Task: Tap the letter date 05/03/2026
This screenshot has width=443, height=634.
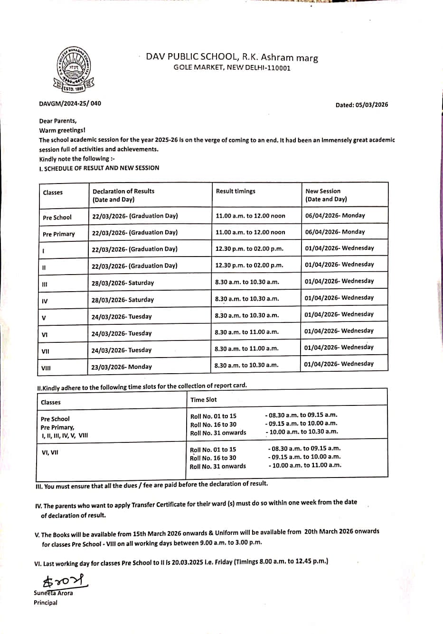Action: pos(361,105)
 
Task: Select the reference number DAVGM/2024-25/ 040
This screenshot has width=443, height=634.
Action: pos(70,103)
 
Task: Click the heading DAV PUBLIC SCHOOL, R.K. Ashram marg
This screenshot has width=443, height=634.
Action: pos(232,57)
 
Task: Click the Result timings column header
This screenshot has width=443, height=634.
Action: pos(236,191)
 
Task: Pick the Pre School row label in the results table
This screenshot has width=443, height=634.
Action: pos(57,218)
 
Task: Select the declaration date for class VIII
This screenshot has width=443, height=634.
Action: pos(122,367)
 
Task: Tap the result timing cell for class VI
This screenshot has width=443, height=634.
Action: pos(246,332)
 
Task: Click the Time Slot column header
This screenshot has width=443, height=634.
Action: pos(203,400)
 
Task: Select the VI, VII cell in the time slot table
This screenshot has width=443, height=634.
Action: pos(50,452)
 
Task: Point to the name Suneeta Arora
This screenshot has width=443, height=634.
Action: pos(53,593)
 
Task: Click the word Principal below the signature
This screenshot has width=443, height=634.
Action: pos(45,603)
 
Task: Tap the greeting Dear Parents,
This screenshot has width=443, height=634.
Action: pos(57,121)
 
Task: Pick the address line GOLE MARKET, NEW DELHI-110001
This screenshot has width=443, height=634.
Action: pos(232,68)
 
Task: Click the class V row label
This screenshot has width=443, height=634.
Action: pos(44,318)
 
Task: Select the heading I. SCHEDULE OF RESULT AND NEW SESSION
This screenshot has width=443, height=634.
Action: pos(99,168)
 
